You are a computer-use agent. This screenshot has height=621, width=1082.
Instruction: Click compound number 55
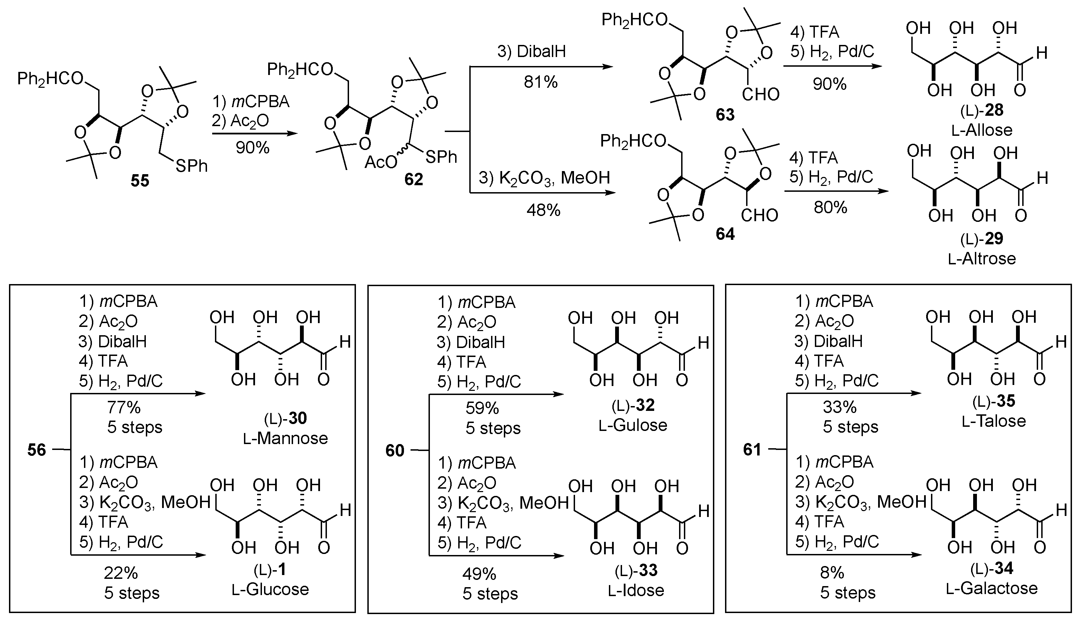pos(140,181)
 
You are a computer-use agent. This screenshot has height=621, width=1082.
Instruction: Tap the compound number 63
pos(725,115)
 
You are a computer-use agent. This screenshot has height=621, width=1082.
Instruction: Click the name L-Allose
pos(982,130)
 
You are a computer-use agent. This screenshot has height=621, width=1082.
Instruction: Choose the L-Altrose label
pos(982,259)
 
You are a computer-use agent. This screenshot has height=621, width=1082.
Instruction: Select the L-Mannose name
pos(285,439)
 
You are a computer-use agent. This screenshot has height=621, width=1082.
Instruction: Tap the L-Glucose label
pos(270,590)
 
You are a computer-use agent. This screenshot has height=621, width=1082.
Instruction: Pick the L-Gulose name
pos(632,425)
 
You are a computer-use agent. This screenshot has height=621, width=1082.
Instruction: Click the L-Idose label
pos(636,590)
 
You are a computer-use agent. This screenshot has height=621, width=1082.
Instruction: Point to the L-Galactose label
pos(991,589)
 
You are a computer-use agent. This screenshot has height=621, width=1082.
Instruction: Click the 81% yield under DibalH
pos(541,82)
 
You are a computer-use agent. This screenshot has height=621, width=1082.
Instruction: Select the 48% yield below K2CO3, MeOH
pos(543,210)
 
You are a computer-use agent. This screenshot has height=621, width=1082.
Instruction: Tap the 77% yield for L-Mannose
pos(124,408)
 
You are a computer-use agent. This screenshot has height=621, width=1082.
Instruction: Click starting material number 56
pos(37,450)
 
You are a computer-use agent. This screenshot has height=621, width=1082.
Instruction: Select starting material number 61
pos(752,450)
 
